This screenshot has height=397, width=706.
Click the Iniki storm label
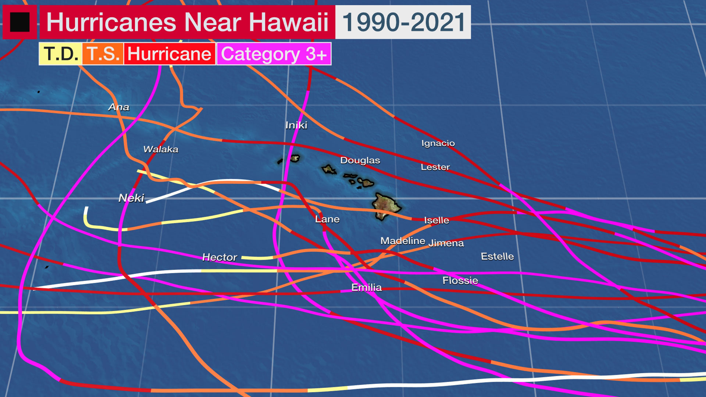[x=296, y=125]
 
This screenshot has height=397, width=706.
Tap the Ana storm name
[x=119, y=107]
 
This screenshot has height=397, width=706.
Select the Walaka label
[x=161, y=149]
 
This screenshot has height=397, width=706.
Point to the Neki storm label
[x=131, y=198]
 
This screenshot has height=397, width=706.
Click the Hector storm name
[x=220, y=257]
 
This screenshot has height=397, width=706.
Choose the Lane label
[x=327, y=219]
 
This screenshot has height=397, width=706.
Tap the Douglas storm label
[x=360, y=161]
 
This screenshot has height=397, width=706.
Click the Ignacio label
[x=438, y=143]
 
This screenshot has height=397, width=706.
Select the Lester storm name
[x=435, y=167]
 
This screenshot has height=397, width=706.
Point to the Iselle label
[x=437, y=220]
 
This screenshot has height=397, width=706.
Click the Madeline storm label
[x=403, y=241]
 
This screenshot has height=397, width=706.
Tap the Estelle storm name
[x=498, y=256]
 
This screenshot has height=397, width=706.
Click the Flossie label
[x=460, y=280]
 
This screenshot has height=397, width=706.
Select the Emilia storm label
[x=366, y=288]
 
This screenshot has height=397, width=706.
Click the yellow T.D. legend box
[x=60, y=54]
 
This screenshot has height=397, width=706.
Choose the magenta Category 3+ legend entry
[x=274, y=54]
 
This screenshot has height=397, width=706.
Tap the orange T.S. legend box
[x=103, y=54]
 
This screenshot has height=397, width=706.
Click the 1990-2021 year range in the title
[x=403, y=22]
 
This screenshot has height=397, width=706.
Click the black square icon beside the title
[x=20, y=22]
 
